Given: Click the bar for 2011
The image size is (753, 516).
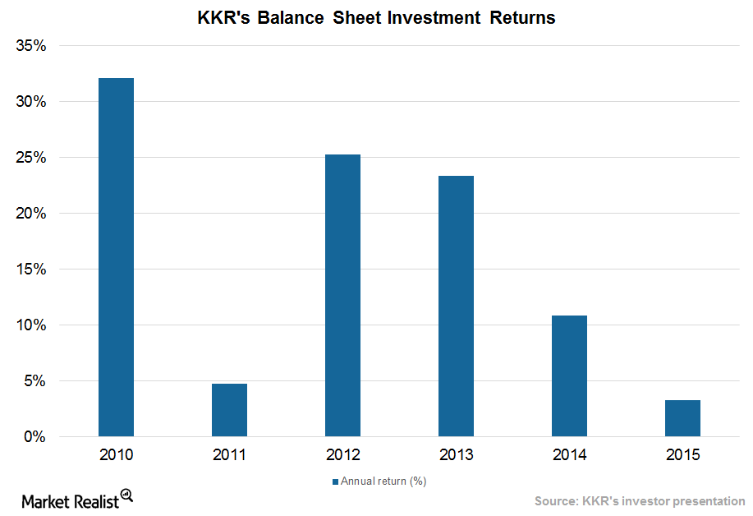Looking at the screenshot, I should [x=229, y=410].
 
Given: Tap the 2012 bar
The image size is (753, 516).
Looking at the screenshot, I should [x=342, y=296].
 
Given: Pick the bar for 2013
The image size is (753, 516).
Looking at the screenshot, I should [x=456, y=306].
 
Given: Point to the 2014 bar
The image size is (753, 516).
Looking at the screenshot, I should [x=569, y=375].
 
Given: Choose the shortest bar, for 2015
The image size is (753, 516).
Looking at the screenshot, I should [x=682, y=418].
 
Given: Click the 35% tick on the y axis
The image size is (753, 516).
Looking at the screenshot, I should [x=30, y=46].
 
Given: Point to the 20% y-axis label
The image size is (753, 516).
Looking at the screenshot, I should [x=30, y=214].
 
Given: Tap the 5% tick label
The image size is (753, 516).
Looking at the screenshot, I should [x=34, y=381].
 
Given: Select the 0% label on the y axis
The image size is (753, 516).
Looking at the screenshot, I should [x=34, y=437].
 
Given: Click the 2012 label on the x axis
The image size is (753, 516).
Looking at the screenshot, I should [x=342, y=454].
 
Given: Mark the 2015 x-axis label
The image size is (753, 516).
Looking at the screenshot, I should [x=682, y=454].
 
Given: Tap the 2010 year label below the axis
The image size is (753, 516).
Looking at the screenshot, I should [x=116, y=454].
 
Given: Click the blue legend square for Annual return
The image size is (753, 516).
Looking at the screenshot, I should [x=334, y=481].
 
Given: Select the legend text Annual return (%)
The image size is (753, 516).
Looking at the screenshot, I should [x=383, y=481].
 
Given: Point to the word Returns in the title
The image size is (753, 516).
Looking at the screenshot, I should [x=522, y=18].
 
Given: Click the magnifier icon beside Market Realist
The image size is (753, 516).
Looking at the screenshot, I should [x=126, y=495].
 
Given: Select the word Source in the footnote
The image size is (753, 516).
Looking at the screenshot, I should [x=557, y=500].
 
